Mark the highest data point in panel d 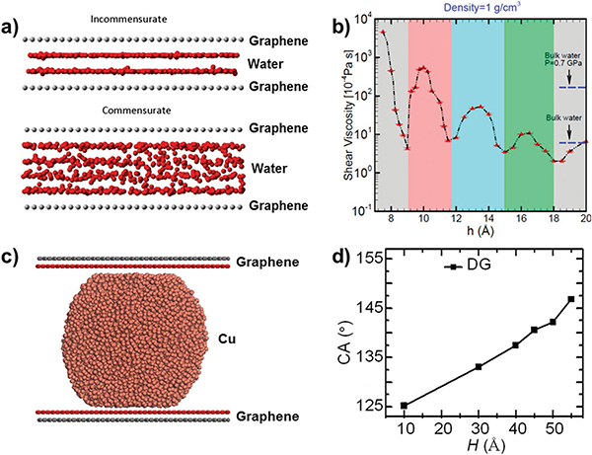tap(571, 299)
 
